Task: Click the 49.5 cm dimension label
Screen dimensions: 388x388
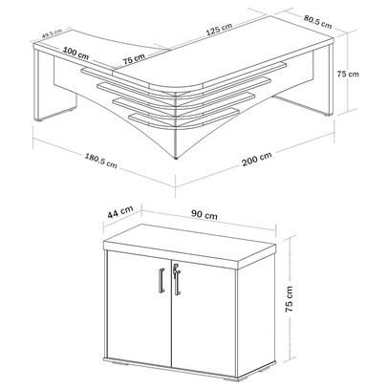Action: point(52,32)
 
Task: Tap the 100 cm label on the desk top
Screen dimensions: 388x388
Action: point(75,53)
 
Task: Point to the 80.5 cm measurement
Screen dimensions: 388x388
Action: point(317,21)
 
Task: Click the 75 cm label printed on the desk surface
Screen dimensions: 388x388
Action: point(134,59)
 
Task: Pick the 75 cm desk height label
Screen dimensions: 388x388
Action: point(348,74)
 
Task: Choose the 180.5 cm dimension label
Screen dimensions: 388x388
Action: point(100,161)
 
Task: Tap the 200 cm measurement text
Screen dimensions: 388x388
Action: point(257,159)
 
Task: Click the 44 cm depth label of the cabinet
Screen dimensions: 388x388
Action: point(120,212)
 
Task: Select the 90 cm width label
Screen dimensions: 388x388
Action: point(205,215)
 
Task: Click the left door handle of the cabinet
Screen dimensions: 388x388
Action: point(162,280)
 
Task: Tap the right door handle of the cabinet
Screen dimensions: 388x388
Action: point(178,282)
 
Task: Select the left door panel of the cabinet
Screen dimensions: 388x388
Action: point(140,309)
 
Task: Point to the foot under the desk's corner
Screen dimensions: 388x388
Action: point(176,158)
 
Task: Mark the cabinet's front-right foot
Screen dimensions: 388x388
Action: point(230,379)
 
